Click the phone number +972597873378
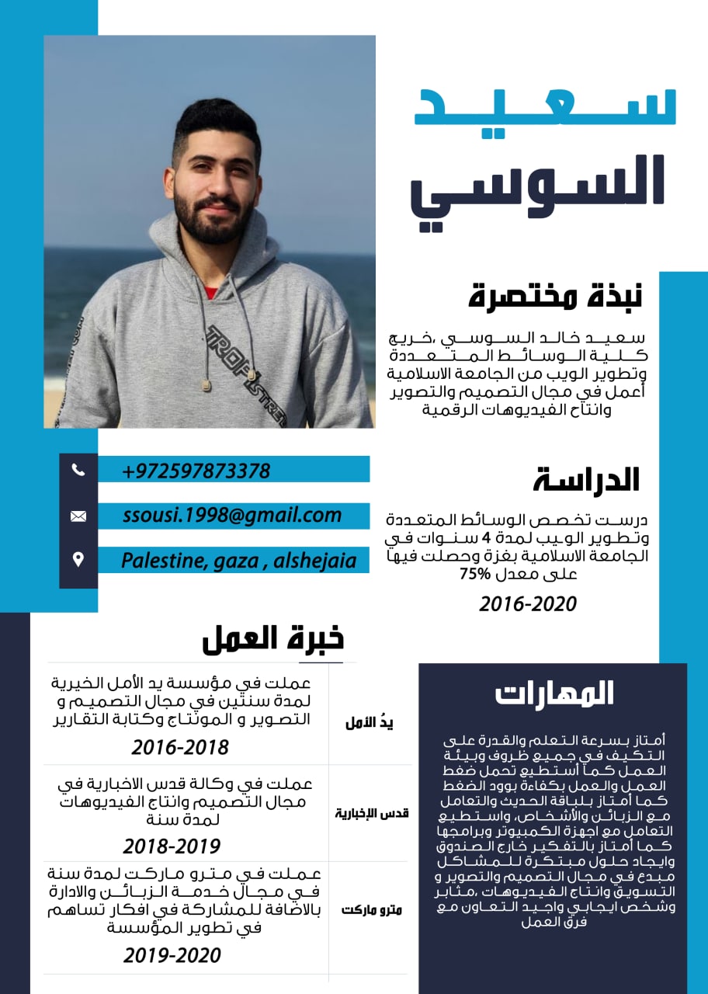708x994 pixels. click(x=196, y=471)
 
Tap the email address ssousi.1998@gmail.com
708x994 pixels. click(x=232, y=515)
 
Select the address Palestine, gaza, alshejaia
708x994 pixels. click(x=239, y=560)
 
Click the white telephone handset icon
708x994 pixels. click(x=78, y=469)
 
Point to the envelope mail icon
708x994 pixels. click(x=78, y=516)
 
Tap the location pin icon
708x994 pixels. click(x=78, y=559)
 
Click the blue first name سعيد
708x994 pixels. click(x=545, y=109)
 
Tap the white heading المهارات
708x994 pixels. click(x=555, y=693)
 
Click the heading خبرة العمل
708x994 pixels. click(x=272, y=638)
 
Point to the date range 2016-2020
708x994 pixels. click(x=528, y=603)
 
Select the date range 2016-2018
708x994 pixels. click(x=180, y=747)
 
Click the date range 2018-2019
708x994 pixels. click(x=172, y=846)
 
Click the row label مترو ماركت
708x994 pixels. click(x=372, y=909)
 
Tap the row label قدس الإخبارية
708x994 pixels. click(x=372, y=813)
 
